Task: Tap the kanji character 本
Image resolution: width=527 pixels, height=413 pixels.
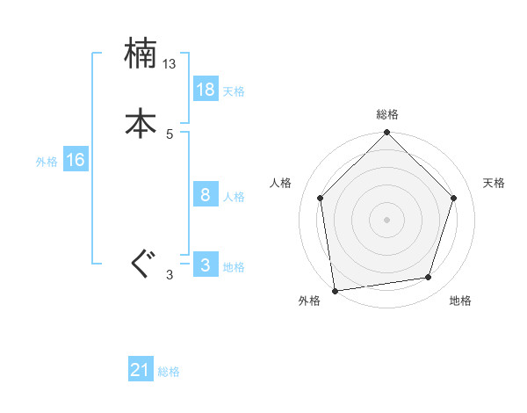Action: pyautogui.click(x=141, y=123)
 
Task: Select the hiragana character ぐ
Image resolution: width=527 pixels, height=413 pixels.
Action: pyautogui.click(x=141, y=264)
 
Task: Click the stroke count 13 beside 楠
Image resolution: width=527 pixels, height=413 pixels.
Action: pyautogui.click(x=170, y=64)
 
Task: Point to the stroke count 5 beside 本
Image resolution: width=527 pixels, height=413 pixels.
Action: pyautogui.click(x=170, y=134)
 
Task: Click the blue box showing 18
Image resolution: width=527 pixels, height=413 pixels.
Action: pyautogui.click(x=206, y=90)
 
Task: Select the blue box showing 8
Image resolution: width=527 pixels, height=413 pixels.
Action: pyautogui.click(x=206, y=195)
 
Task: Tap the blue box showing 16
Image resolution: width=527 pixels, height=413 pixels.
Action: pyautogui.click(x=76, y=160)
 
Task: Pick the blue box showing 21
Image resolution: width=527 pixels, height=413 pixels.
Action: pyautogui.click(x=141, y=371)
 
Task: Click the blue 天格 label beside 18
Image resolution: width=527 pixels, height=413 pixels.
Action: pyautogui.click(x=234, y=91)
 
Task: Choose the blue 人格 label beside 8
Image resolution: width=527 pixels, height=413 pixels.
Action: pyautogui.click(x=234, y=197)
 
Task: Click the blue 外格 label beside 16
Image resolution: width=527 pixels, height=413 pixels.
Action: pyautogui.click(x=47, y=162)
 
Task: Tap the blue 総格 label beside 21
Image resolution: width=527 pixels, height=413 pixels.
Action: pyautogui.click(x=169, y=373)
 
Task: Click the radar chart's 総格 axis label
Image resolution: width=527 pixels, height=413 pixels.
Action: pyautogui.click(x=387, y=114)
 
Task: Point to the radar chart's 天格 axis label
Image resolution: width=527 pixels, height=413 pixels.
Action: pyautogui.click(x=495, y=183)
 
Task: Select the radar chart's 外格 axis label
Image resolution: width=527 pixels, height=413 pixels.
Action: pyautogui.click(x=309, y=301)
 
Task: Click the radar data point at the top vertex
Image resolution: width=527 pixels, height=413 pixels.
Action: pyautogui.click(x=387, y=134)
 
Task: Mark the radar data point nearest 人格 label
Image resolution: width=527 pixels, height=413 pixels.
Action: pyautogui.click(x=321, y=198)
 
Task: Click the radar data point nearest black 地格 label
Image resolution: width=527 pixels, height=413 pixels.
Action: pyautogui.click(x=429, y=277)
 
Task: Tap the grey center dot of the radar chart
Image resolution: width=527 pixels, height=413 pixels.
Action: pyautogui.click(x=387, y=219)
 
